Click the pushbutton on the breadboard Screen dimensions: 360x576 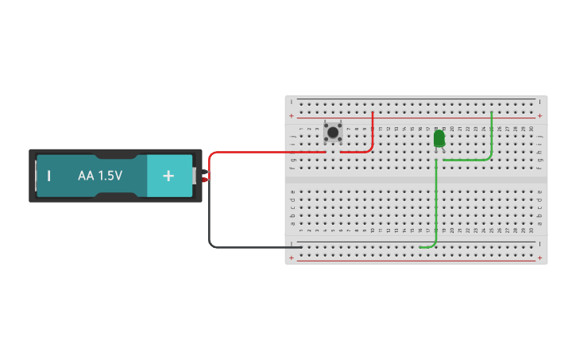(x=333, y=134)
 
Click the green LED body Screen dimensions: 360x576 (x=439, y=139)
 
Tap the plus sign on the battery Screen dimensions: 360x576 (x=168, y=176)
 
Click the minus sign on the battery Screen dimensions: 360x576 (x=49, y=176)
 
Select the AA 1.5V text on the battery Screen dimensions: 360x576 (x=100, y=176)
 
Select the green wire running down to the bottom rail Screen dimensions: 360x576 (x=435, y=207)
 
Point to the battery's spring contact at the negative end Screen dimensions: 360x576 (x=36, y=176)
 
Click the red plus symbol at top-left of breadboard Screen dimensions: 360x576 (x=292, y=116)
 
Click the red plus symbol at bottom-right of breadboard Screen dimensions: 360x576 (x=540, y=257)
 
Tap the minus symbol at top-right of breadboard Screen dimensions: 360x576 (x=540, y=102)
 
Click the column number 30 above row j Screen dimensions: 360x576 (x=531, y=129)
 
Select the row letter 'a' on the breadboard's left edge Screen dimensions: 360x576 (x=292, y=223)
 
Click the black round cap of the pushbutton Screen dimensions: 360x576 (x=333, y=133)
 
